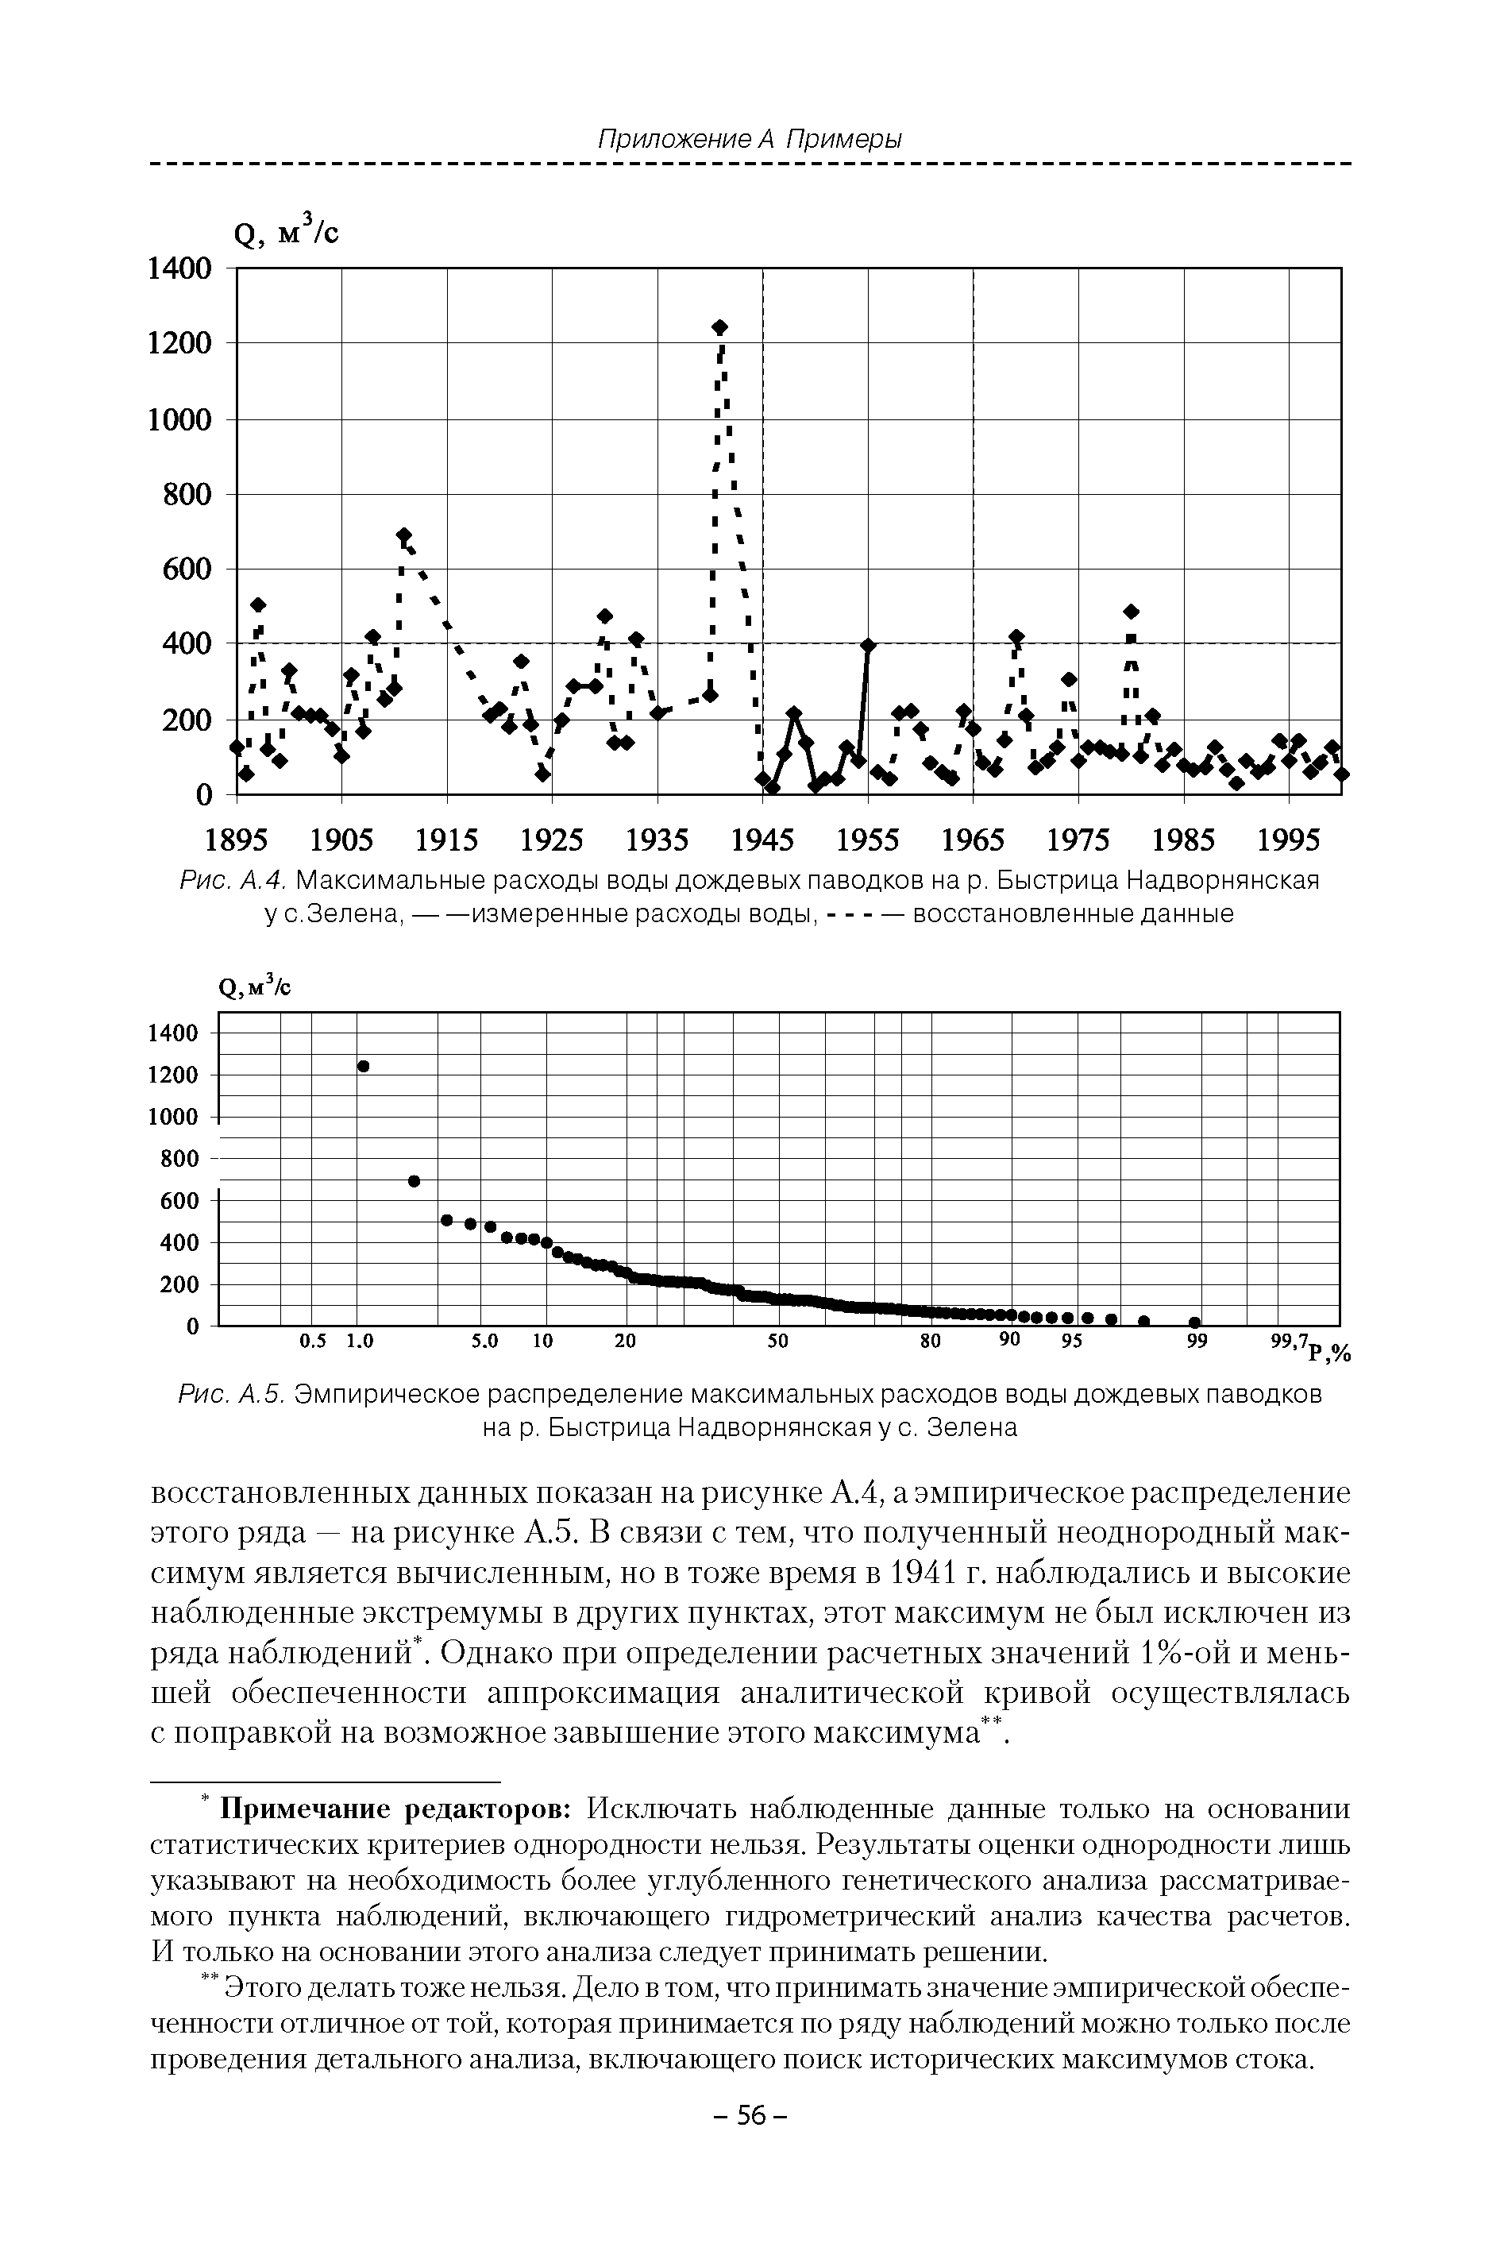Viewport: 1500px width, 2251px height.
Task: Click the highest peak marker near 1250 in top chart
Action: (720, 327)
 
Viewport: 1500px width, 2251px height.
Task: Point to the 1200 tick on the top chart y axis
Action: (179, 343)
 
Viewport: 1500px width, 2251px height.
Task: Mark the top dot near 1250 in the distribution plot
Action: (364, 1066)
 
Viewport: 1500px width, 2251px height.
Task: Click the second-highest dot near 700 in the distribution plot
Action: (415, 1180)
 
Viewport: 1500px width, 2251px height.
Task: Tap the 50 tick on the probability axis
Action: (777, 1342)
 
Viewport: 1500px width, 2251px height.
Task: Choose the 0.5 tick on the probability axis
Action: (313, 1342)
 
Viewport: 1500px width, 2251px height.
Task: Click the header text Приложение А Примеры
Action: (750, 140)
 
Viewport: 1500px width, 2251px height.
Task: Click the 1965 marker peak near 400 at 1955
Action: (869, 645)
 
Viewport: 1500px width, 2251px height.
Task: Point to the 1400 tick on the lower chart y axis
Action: (173, 1033)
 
